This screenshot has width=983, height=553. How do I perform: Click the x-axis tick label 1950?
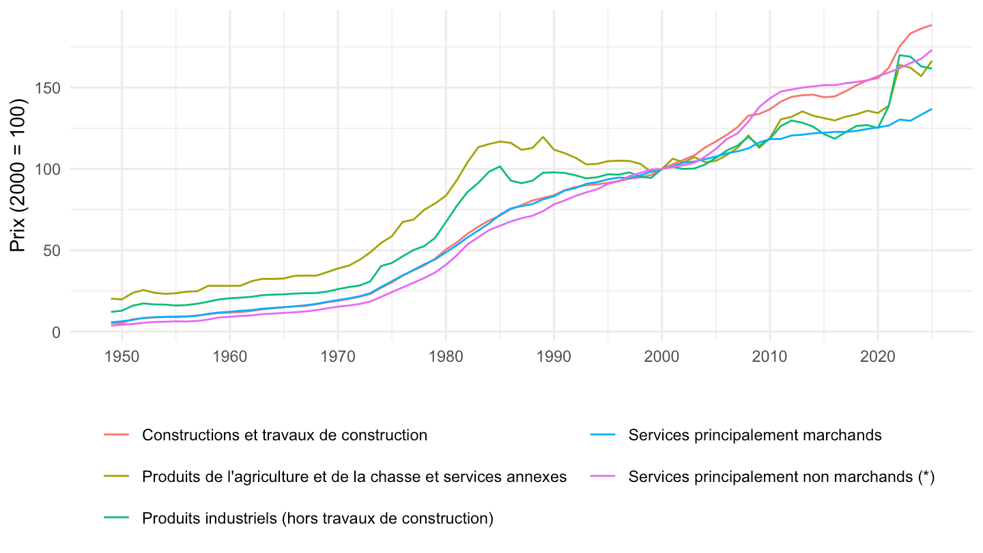pyautogui.click(x=122, y=356)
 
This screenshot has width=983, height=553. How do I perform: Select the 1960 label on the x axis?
pyautogui.click(x=229, y=356)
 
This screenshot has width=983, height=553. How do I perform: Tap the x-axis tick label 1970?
pyautogui.click(x=337, y=356)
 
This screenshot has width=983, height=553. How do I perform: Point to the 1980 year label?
pyautogui.click(x=446, y=356)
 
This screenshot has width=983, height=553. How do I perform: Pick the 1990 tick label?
pyautogui.click(x=554, y=356)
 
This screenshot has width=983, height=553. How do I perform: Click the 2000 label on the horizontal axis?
pyautogui.click(x=661, y=356)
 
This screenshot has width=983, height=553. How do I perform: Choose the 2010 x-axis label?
pyautogui.click(x=770, y=356)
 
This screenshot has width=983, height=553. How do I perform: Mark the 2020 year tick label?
pyautogui.click(x=878, y=356)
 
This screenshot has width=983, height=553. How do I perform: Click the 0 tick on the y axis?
pyautogui.click(x=56, y=332)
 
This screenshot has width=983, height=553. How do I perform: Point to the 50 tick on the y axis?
pyautogui.click(x=51, y=251)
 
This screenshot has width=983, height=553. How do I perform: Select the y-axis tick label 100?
pyautogui.click(x=47, y=169)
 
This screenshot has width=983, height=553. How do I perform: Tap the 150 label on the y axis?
pyautogui.click(x=47, y=88)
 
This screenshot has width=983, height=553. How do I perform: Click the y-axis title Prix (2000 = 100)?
pyautogui.click(x=18, y=175)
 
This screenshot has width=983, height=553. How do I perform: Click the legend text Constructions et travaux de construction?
pyautogui.click(x=285, y=435)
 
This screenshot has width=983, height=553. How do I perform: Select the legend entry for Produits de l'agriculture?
pyautogui.click(x=354, y=477)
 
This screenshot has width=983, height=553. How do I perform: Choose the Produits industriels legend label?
pyautogui.click(x=317, y=518)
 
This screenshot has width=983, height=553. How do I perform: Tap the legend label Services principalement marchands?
pyautogui.click(x=755, y=435)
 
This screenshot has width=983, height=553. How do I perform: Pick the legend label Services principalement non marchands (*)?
pyautogui.click(x=781, y=477)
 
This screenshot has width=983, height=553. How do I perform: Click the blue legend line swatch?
pyautogui.click(x=603, y=434)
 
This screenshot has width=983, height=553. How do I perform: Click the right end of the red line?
pyautogui.click(x=932, y=25)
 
